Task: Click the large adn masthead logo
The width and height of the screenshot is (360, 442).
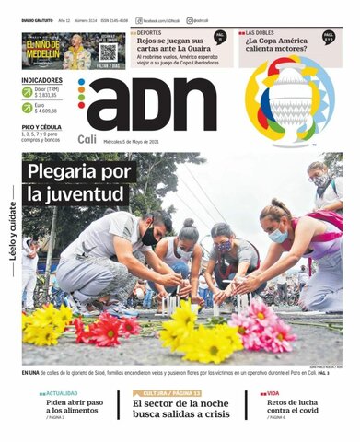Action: pos(153,103)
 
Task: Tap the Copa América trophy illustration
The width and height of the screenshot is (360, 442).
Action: pos(290,101)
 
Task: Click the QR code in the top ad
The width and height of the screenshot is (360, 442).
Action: pos(109,52)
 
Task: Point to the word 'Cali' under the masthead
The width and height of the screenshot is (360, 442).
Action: pos(87,139)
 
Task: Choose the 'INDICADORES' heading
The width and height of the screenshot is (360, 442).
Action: pos(41,80)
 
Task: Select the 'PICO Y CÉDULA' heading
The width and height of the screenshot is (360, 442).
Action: pos(42,126)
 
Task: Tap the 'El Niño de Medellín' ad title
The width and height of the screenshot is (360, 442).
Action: pos(41,48)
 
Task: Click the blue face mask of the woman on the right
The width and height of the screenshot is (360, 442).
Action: pos(277,236)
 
